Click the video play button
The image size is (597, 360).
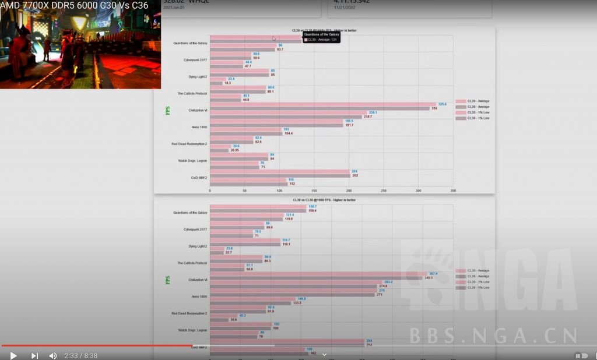tap(13, 355)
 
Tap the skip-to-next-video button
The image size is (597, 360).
tap(34, 355)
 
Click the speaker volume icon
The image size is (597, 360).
tap(53, 355)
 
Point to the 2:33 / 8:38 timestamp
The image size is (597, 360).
tap(80, 355)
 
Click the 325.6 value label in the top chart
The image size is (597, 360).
tap(442, 104)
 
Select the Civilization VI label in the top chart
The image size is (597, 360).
tap(198, 110)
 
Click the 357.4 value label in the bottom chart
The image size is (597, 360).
tap(433, 273)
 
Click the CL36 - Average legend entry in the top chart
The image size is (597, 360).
tap(478, 107)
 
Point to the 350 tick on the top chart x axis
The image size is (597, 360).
tap(453, 190)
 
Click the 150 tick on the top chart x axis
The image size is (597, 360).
tap(314, 190)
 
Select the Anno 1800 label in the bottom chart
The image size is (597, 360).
tap(199, 297)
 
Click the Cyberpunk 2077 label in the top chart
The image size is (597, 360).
tap(195, 60)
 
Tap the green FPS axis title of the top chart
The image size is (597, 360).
tap(168, 110)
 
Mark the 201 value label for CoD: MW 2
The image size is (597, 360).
tap(354, 171)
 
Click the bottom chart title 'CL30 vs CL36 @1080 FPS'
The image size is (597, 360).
tap(324, 200)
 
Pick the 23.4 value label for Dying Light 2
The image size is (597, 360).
tap(231, 79)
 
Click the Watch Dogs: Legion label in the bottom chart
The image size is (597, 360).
tap(192, 330)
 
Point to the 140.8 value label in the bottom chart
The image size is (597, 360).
tap(301, 299)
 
